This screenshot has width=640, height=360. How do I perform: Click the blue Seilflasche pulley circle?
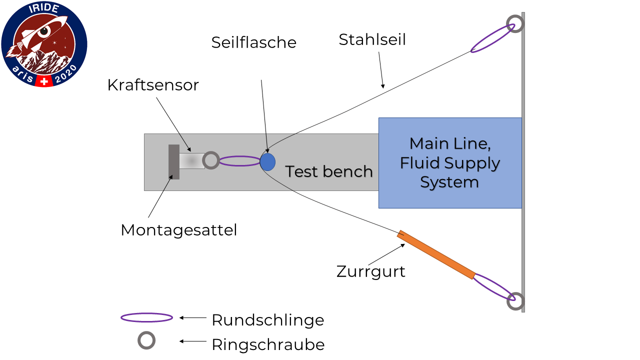tap(267, 162)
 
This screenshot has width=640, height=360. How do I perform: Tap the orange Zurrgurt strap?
tap(436, 254)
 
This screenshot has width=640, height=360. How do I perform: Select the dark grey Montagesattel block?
tap(174, 162)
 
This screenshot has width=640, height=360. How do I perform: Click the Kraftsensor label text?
tap(153, 85)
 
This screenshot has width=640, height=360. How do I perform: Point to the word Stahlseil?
tap(372, 39)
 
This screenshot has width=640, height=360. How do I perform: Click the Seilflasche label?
tap(253, 42)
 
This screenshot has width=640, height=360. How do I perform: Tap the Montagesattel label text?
tap(179, 230)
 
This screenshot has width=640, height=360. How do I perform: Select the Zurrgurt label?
tap(370, 271)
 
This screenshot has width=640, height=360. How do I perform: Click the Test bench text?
tap(329, 171)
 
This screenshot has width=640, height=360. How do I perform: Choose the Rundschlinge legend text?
tap(267, 320)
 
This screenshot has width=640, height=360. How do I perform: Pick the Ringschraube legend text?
tap(268, 344)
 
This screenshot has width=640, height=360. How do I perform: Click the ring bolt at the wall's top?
tap(515, 15)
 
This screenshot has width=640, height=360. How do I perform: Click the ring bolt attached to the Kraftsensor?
tap(211, 152)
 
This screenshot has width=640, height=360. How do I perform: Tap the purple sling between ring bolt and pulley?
tap(240, 156)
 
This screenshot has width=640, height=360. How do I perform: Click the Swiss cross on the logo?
tap(44, 81)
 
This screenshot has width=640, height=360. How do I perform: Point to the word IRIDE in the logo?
tap(43, 8)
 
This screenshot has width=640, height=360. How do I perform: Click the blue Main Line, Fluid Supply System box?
tap(450, 163)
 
